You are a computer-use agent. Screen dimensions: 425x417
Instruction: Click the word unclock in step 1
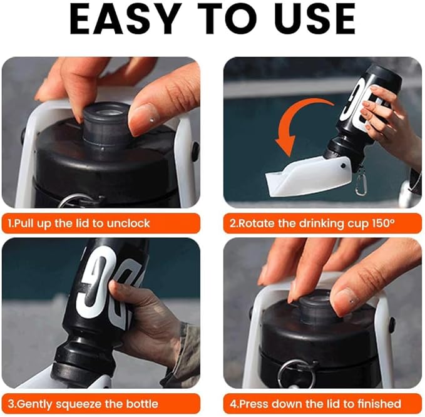tap(128, 224)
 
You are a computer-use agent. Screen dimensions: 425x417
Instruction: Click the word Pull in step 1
tap(24, 224)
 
